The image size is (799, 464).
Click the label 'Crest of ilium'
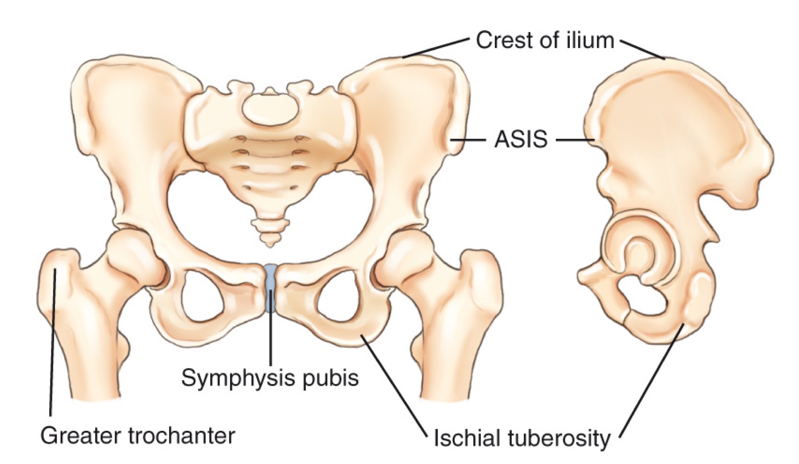click(545, 41)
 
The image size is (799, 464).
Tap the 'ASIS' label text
click(521, 139)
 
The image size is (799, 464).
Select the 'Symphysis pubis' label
click(270, 378)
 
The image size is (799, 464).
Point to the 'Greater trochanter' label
click(138, 436)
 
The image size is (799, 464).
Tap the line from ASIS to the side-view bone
click(575, 139)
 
